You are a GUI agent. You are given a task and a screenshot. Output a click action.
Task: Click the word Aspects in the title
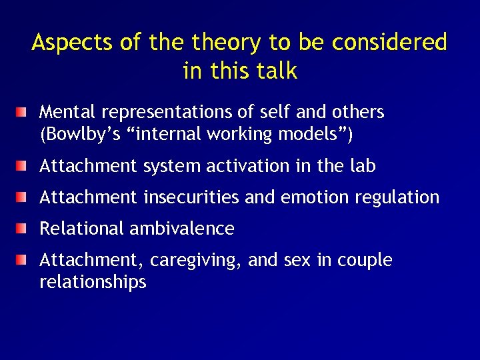73,43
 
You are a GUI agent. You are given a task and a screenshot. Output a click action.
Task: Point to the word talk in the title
277,71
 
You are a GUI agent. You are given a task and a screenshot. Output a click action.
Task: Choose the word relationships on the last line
93,282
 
